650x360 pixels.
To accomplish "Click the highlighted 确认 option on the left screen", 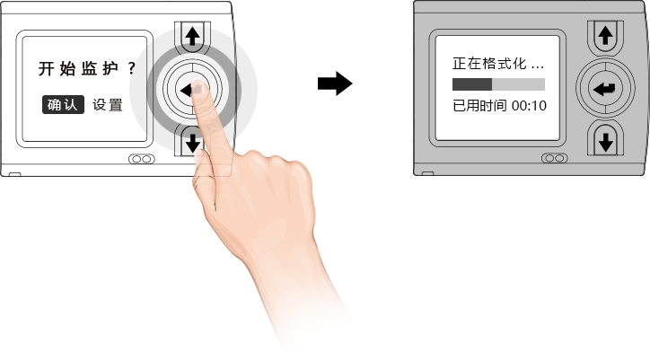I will click(63, 104).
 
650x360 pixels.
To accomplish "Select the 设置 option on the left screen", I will click(108, 104).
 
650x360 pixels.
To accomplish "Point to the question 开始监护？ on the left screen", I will click(86, 68).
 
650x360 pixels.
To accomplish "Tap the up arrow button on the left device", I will click(192, 37).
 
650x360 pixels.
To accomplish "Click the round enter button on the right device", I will click(605, 88).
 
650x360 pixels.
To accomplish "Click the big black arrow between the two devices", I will click(334, 84).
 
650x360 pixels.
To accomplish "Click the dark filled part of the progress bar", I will click(471, 84).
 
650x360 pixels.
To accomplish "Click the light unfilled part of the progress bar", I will click(518, 84).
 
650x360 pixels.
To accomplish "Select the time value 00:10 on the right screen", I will click(529, 105).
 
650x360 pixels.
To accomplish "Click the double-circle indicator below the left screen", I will click(139, 159).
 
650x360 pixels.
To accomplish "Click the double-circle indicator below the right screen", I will click(554, 158).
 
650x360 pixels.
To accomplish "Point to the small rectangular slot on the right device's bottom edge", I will click(427, 174).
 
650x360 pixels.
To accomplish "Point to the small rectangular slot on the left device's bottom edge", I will click(13, 173).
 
